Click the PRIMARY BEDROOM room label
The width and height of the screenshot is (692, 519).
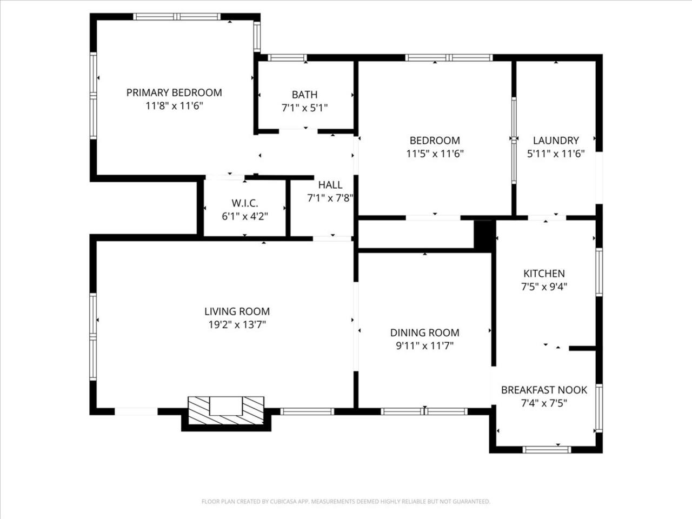[x=174, y=92]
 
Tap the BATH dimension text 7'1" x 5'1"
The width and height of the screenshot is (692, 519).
[x=304, y=108]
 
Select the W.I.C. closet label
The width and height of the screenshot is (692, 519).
[x=245, y=203]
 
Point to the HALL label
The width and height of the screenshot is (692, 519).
[x=330, y=185]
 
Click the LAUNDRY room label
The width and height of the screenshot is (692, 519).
[x=556, y=140]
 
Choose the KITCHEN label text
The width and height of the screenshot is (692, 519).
[x=544, y=273]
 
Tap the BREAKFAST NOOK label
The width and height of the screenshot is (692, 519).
[x=544, y=390]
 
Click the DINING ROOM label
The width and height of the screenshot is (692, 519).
[x=424, y=332]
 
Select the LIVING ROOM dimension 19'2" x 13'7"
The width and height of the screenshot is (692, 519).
[x=237, y=324]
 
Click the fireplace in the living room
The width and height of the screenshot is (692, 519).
[x=226, y=410]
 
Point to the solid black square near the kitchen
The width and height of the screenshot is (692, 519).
[x=484, y=236]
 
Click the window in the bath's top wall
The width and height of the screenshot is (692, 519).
[x=287, y=58]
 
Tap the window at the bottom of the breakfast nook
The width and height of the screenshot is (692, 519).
[x=547, y=450]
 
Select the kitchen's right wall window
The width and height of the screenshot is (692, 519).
[x=599, y=272]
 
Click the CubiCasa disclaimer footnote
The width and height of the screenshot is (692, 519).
[x=346, y=501]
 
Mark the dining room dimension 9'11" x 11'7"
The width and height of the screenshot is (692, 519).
[x=424, y=346]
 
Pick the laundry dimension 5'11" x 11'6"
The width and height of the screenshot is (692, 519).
[x=556, y=154]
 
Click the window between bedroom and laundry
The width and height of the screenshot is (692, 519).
[x=514, y=140]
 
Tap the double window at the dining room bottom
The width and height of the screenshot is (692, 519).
[x=424, y=411]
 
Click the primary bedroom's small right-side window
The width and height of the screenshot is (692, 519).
[x=257, y=37]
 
